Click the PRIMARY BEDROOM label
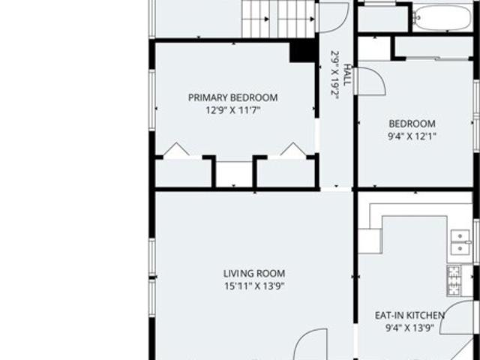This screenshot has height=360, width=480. (233, 97)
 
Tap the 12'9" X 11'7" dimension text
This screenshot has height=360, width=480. (233, 110)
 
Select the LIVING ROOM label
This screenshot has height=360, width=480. (254, 273)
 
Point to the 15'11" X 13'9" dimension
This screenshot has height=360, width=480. (255, 286)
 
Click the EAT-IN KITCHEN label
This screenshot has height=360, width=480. (409, 315)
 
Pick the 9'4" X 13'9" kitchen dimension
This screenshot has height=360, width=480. (410, 328)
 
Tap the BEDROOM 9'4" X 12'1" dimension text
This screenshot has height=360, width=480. (412, 136)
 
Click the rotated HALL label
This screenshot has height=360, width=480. (346, 75)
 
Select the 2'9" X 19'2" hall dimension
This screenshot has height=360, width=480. (335, 75)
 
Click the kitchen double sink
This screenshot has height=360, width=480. (460, 242)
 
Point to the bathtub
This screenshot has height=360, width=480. (442, 18)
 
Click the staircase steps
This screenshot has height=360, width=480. (278, 19)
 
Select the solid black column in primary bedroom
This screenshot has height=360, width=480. (303, 52)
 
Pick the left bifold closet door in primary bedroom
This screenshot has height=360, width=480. (175, 149)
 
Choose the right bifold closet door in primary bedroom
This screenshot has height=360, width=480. (293, 149)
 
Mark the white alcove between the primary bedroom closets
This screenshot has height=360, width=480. (234, 173)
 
